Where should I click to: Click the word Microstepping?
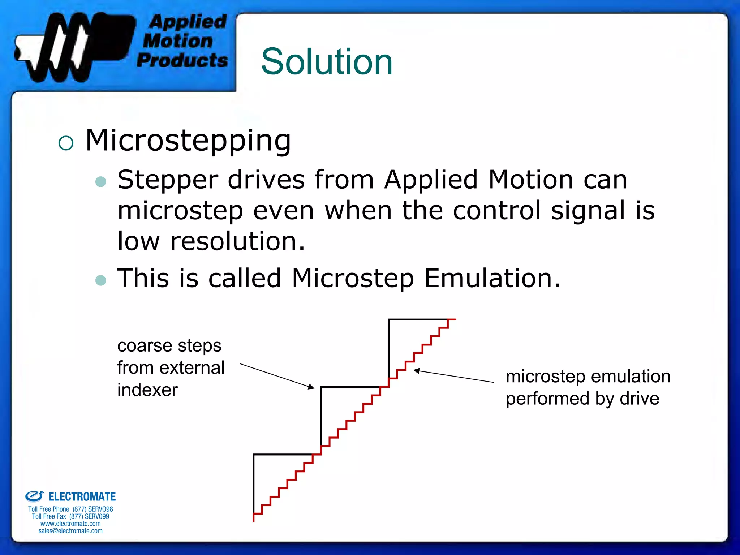(x=188, y=141)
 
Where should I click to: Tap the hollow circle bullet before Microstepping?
(x=66, y=143)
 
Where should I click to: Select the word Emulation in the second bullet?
(x=492, y=278)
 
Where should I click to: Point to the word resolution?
(x=237, y=241)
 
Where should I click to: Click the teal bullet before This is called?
(x=100, y=280)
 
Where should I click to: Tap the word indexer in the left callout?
(x=147, y=390)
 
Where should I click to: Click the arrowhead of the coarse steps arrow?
(x=311, y=387)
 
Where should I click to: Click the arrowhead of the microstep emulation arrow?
(x=416, y=371)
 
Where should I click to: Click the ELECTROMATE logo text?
(x=82, y=497)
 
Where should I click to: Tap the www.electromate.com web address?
(x=70, y=524)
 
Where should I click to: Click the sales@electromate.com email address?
(x=70, y=531)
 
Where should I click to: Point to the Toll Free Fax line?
(x=70, y=516)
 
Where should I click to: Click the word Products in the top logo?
(x=182, y=60)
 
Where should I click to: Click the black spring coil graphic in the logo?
(x=69, y=47)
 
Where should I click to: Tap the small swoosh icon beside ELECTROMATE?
(x=35, y=496)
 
